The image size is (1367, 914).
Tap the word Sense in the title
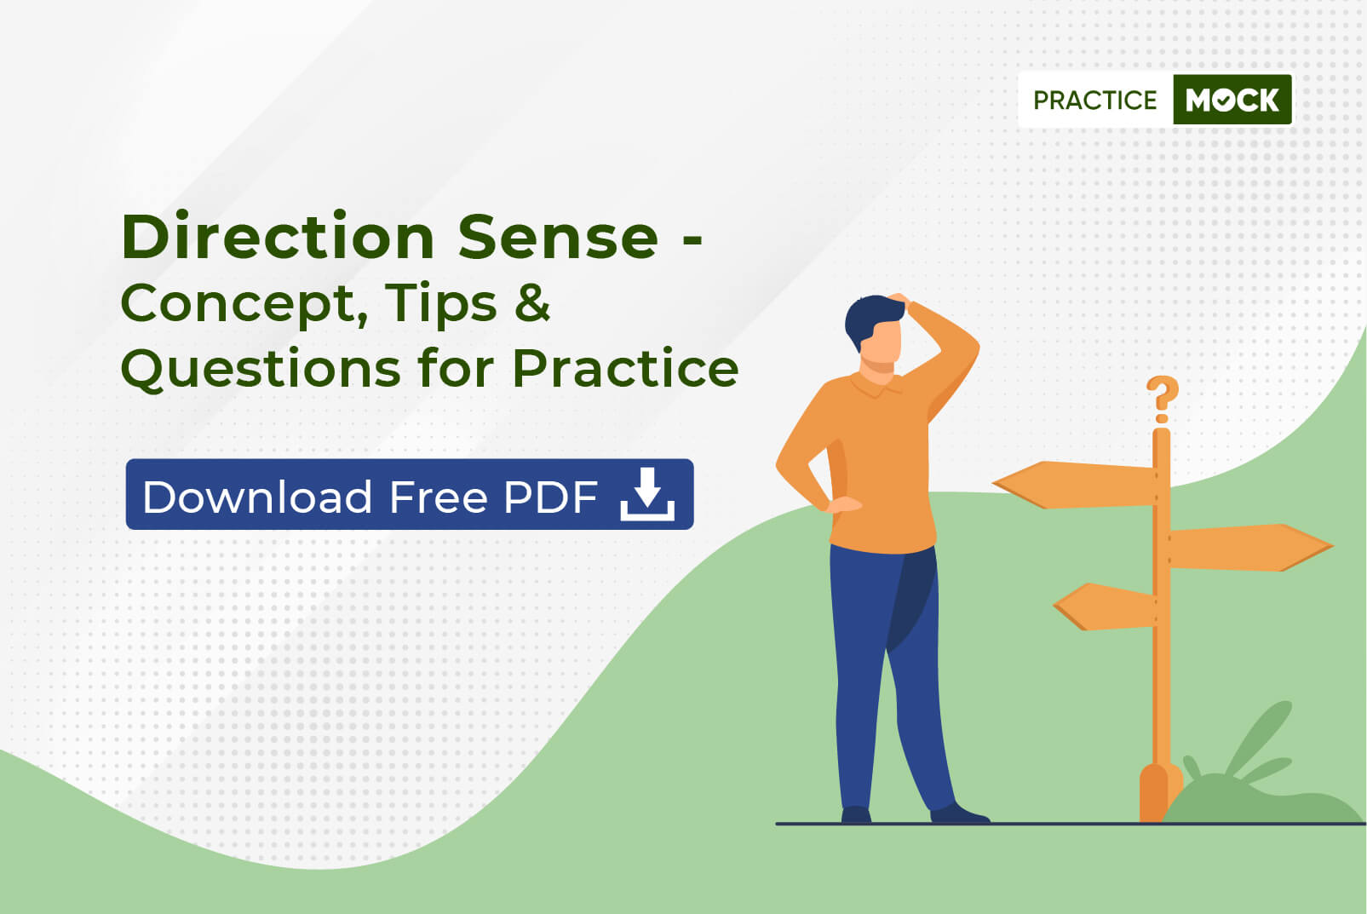558,237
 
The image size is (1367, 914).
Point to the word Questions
261,369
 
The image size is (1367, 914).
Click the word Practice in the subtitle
625,368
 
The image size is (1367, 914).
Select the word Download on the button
257,497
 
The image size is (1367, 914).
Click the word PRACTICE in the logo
1094,101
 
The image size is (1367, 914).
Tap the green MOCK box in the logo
1232,100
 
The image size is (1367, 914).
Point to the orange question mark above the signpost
1162,399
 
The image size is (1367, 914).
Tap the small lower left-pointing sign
1105,606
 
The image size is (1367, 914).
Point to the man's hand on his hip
842,505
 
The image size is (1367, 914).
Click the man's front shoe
958,814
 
